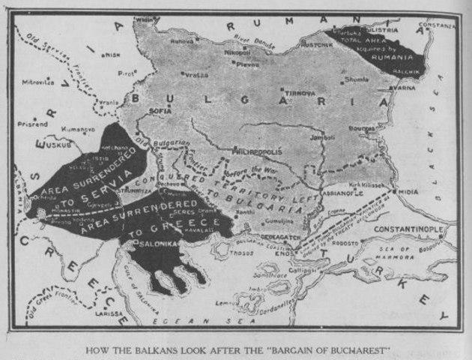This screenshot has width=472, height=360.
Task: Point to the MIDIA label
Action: pyautogui.click(x=408, y=192)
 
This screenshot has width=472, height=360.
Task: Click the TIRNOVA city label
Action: pyautogui.click(x=298, y=92)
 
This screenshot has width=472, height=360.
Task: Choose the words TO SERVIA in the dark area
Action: pyautogui.click(x=94, y=187)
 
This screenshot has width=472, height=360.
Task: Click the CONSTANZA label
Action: pyautogui.click(x=436, y=25)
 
